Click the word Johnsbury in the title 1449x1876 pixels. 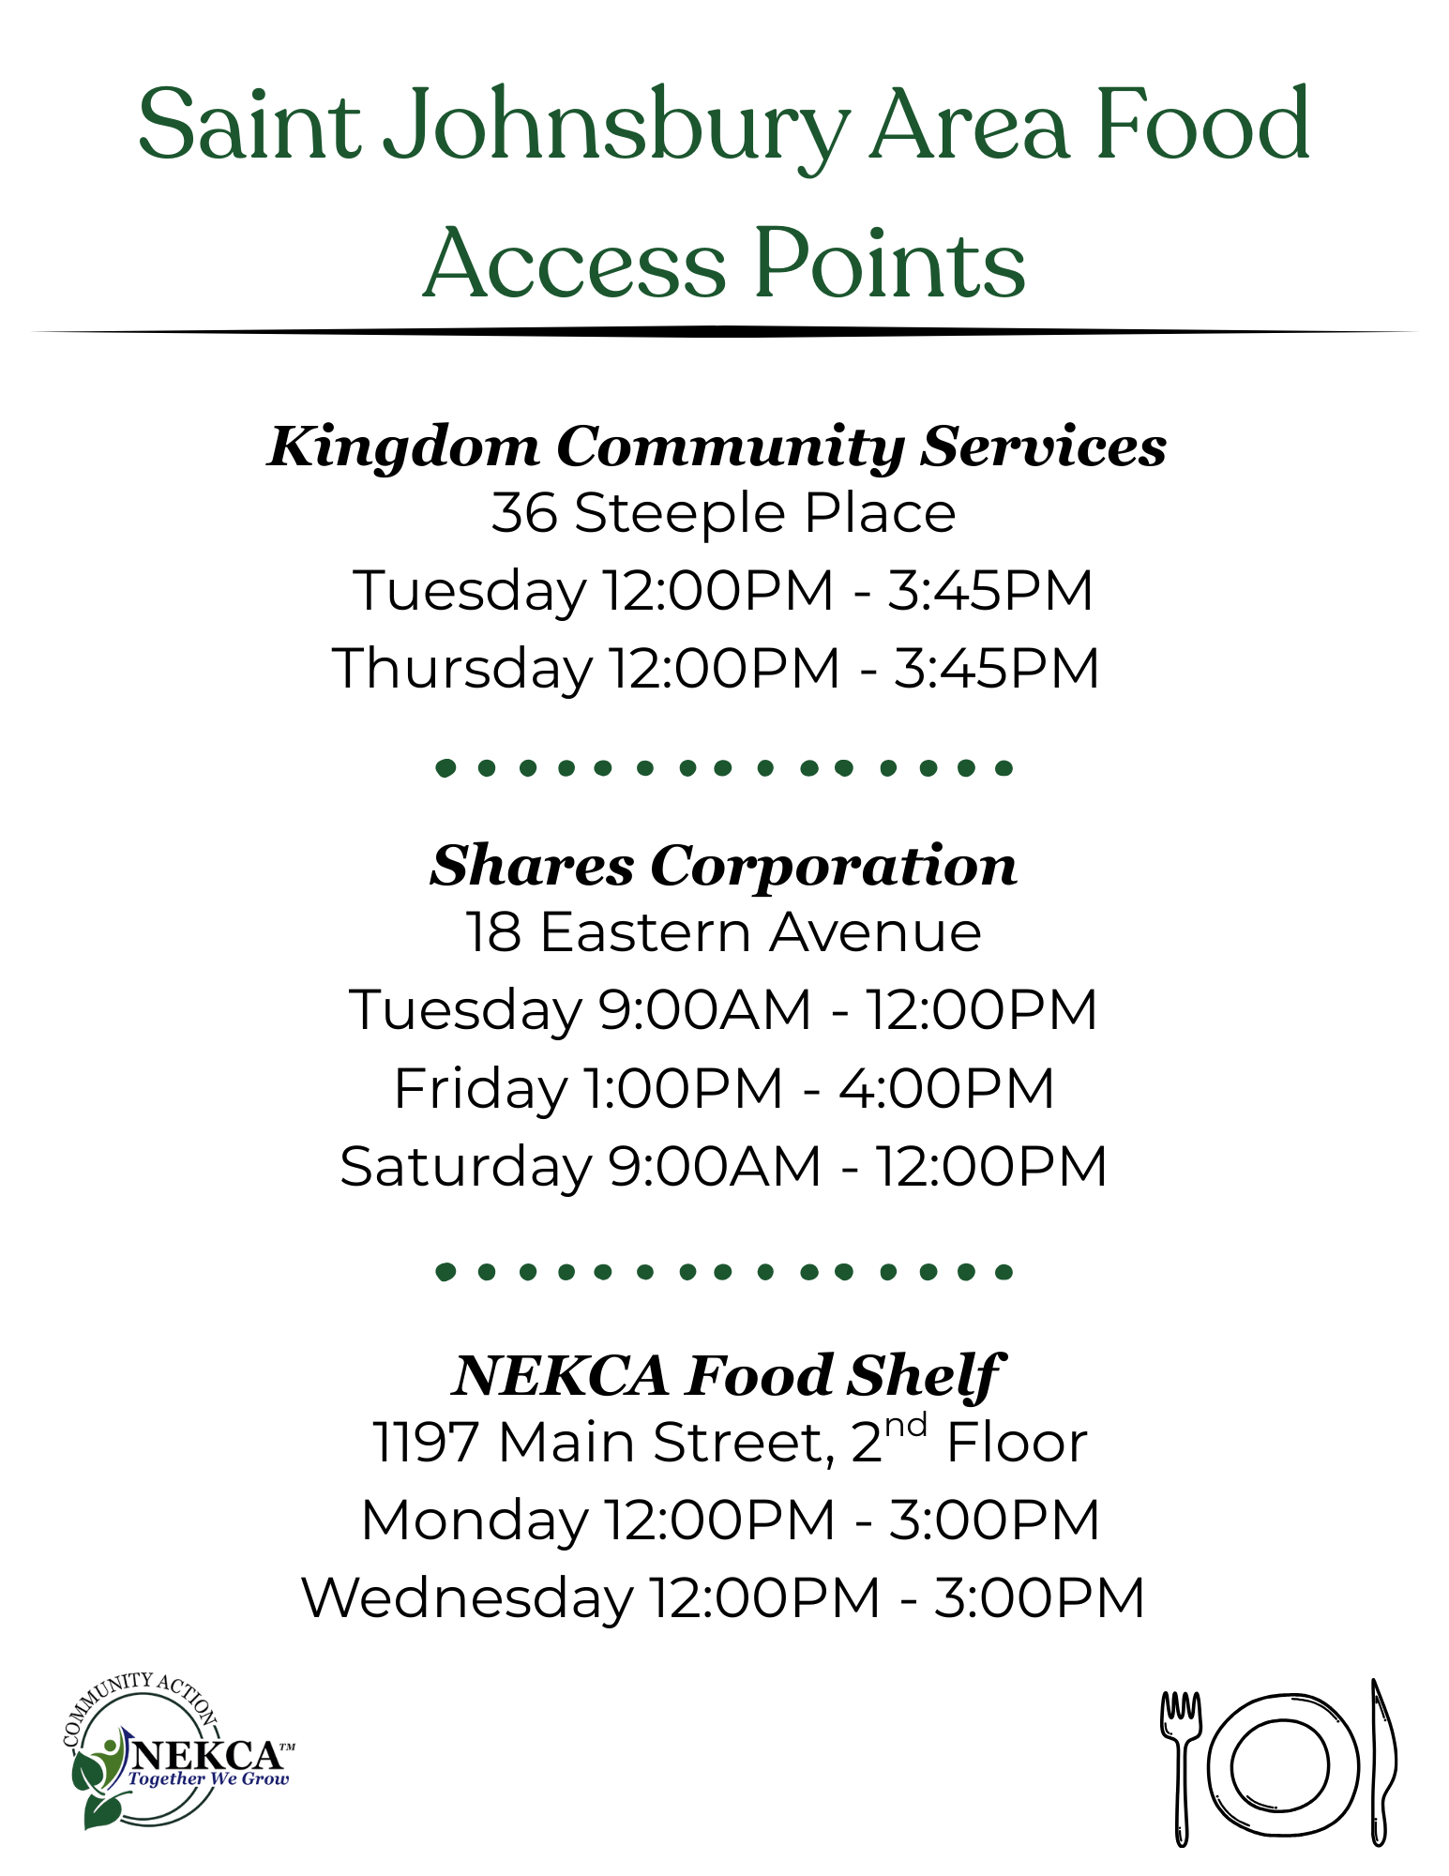[x=616, y=126]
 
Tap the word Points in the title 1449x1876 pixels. [x=890, y=264]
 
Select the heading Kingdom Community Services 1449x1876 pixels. [x=717, y=446]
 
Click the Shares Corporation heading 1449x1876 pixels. [x=723, y=866]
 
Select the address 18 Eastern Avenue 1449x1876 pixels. [x=723, y=932]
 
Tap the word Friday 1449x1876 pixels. [x=481, y=1088]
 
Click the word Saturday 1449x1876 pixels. [x=466, y=1166]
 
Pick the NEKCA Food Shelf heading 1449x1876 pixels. [x=727, y=1376]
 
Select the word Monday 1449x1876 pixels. [x=475, y=1520]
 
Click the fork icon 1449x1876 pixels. [x=1181, y=1768]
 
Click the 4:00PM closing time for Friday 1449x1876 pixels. [x=946, y=1088]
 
